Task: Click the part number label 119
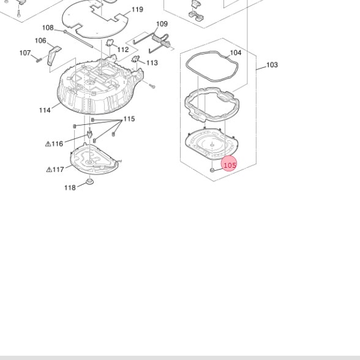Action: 137,10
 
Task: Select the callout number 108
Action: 48,28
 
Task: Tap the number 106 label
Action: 40,40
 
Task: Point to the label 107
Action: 25,53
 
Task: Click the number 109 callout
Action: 162,24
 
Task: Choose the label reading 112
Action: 123,50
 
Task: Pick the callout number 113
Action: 152,62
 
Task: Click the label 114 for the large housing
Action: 45,110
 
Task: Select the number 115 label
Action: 129,119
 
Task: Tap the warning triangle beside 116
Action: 48,144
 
